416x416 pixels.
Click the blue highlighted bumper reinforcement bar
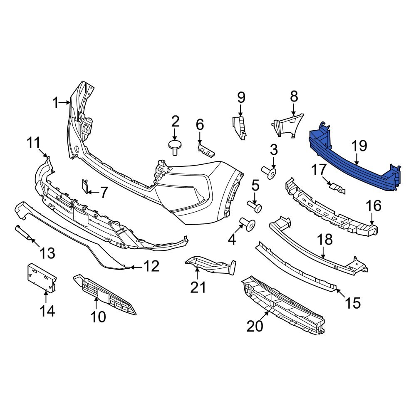[354, 160]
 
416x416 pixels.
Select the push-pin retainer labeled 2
[175, 146]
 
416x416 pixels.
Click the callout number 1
[56, 103]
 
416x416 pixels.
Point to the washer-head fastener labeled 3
[270, 172]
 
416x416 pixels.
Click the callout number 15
[353, 303]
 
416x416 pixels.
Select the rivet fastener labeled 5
[255, 206]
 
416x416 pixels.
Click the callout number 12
[151, 266]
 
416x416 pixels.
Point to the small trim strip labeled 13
[23, 233]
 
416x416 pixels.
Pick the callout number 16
[373, 206]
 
